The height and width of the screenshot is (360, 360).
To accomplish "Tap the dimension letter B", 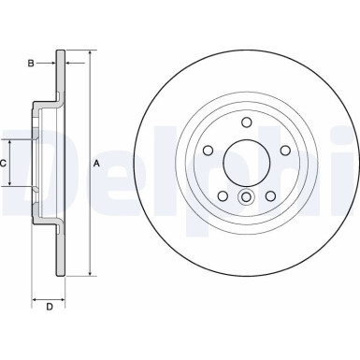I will point(31,64).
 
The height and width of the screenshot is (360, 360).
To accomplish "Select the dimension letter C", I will point(4,163).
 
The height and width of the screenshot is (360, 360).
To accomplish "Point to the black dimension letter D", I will point(50,307).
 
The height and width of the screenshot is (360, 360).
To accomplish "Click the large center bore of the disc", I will point(246,162).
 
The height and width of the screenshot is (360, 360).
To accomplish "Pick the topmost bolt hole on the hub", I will point(246,122).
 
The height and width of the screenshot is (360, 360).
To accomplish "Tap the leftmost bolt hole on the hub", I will point(208,150).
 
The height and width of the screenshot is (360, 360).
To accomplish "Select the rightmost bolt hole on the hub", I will point(284,150).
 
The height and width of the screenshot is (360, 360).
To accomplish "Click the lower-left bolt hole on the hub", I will point(223,194).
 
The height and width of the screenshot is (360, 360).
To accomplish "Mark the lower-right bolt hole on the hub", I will point(269,194).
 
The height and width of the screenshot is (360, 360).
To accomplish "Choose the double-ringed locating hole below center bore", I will point(246,196).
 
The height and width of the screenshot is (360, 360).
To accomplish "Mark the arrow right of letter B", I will point(54,64).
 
